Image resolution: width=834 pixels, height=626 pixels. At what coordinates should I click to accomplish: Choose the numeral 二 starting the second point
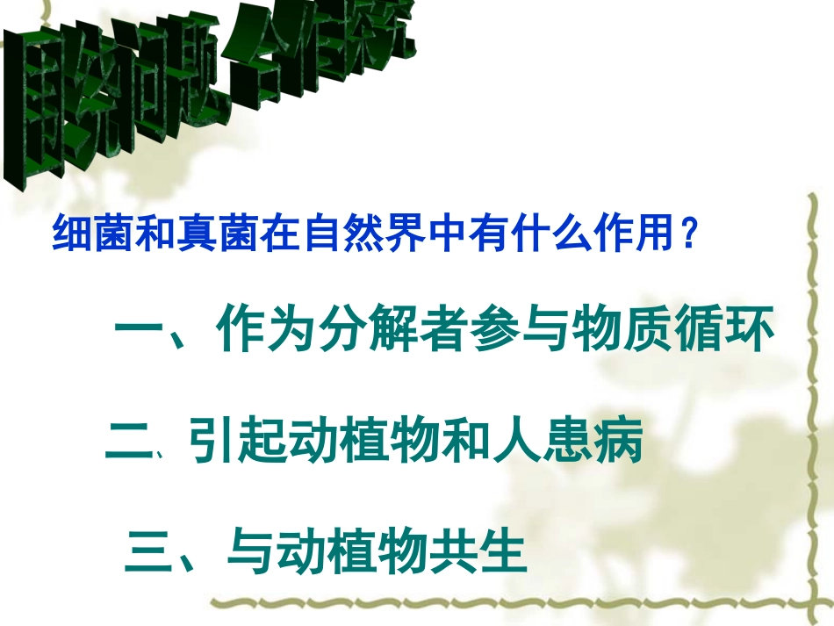(128, 444)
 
